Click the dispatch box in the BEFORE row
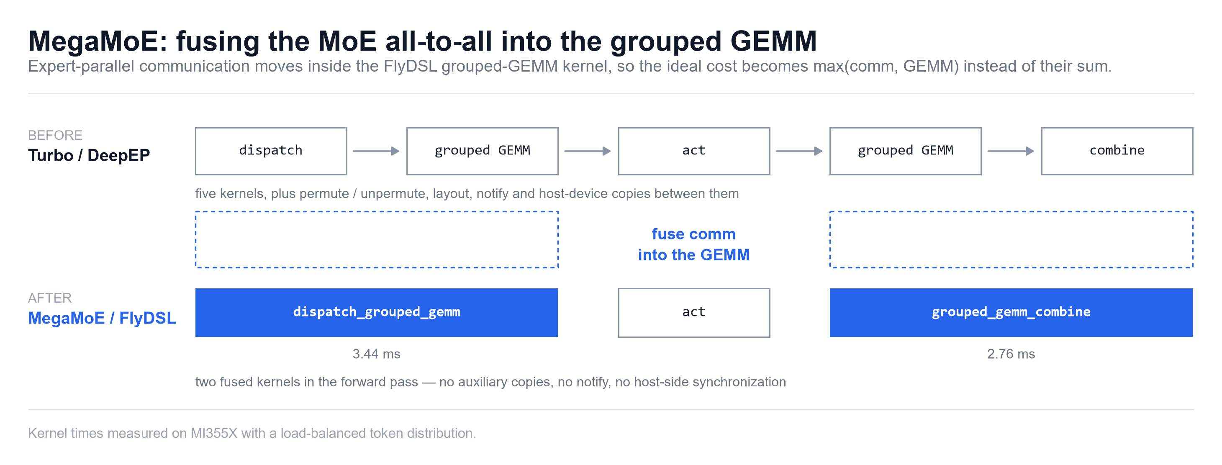271,151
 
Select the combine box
1117,151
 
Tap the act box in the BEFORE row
694,151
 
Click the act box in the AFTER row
694,313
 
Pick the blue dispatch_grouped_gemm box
377,313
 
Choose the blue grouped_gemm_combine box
1011,313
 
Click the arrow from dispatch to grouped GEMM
376,151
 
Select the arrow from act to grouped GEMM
799,151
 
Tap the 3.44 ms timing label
377,354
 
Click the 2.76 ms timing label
1011,354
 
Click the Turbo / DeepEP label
89,156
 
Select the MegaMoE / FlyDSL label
102,318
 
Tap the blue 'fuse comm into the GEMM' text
693,244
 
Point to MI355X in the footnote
213,433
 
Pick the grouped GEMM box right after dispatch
483,151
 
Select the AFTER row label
50,298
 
